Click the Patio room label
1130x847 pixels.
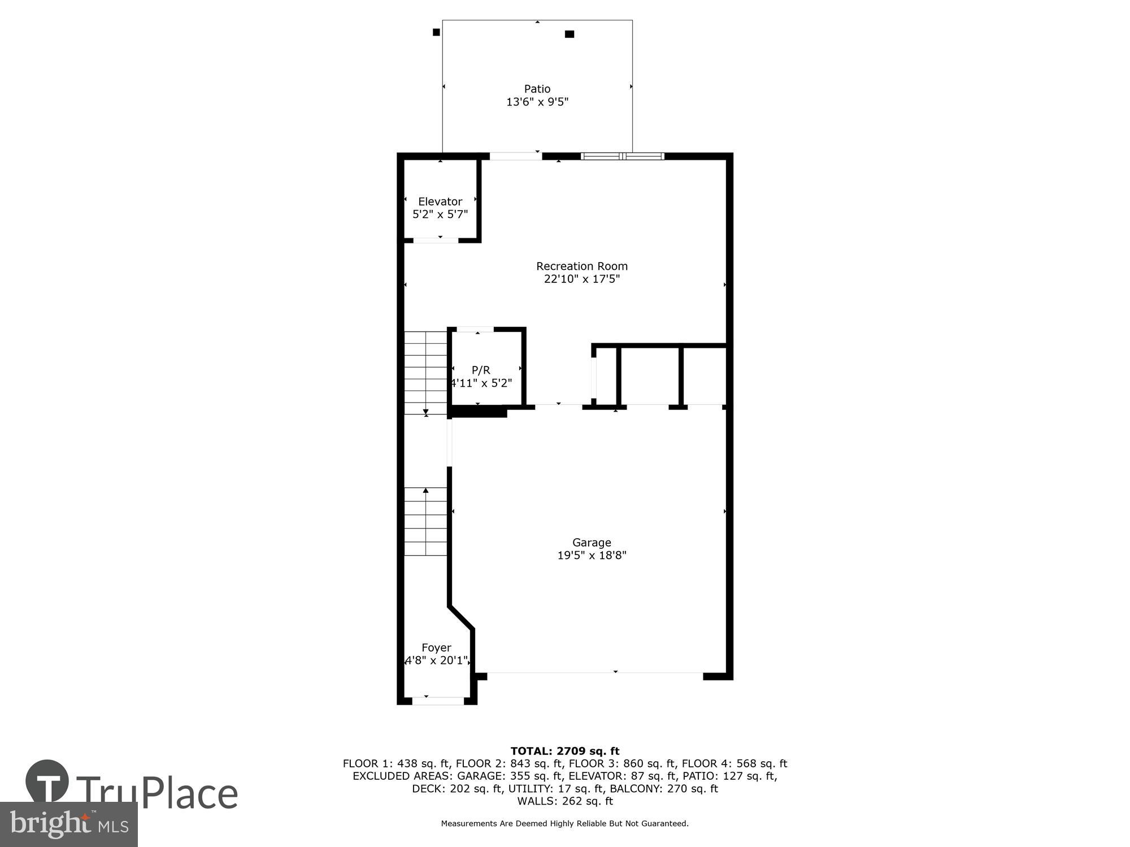pyautogui.click(x=537, y=89)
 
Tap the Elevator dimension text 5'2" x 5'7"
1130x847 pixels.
pyautogui.click(x=440, y=215)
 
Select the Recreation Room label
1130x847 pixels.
pyautogui.click(x=581, y=266)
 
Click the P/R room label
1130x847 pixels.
pyautogui.click(x=481, y=370)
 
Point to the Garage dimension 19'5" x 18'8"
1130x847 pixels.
pyautogui.click(x=592, y=555)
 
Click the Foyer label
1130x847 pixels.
pyautogui.click(x=436, y=648)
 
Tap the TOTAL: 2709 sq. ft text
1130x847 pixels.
pyautogui.click(x=564, y=751)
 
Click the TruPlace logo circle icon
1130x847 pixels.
pyautogui.click(x=47, y=781)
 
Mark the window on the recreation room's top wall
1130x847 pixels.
pyautogui.click(x=622, y=156)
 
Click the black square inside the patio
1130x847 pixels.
pyautogui.click(x=570, y=34)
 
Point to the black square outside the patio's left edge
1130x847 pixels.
pyautogui.click(x=436, y=32)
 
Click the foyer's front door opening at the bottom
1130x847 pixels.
pyautogui.click(x=438, y=701)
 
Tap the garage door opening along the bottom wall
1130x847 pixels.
pyautogui.click(x=594, y=673)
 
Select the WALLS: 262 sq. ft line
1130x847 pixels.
pyautogui.click(x=564, y=801)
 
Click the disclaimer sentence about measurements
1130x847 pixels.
pyautogui.click(x=564, y=823)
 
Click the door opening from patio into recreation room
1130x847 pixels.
pyautogui.click(x=515, y=156)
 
